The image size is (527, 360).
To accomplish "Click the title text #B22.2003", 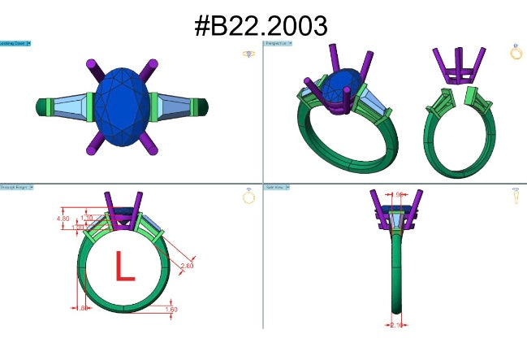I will [262, 24].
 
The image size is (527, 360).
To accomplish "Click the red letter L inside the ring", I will [123, 267].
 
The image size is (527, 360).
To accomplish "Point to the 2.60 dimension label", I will [186, 266].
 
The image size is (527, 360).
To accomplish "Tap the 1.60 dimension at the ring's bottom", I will [171, 309].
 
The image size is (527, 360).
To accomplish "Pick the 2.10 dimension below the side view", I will [396, 324].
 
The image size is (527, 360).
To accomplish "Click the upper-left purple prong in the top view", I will [92, 68].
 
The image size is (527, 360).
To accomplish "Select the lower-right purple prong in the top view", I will [151, 143].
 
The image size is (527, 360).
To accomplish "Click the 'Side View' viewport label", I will [276, 187].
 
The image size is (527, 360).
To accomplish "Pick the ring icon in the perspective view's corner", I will [516, 52].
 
